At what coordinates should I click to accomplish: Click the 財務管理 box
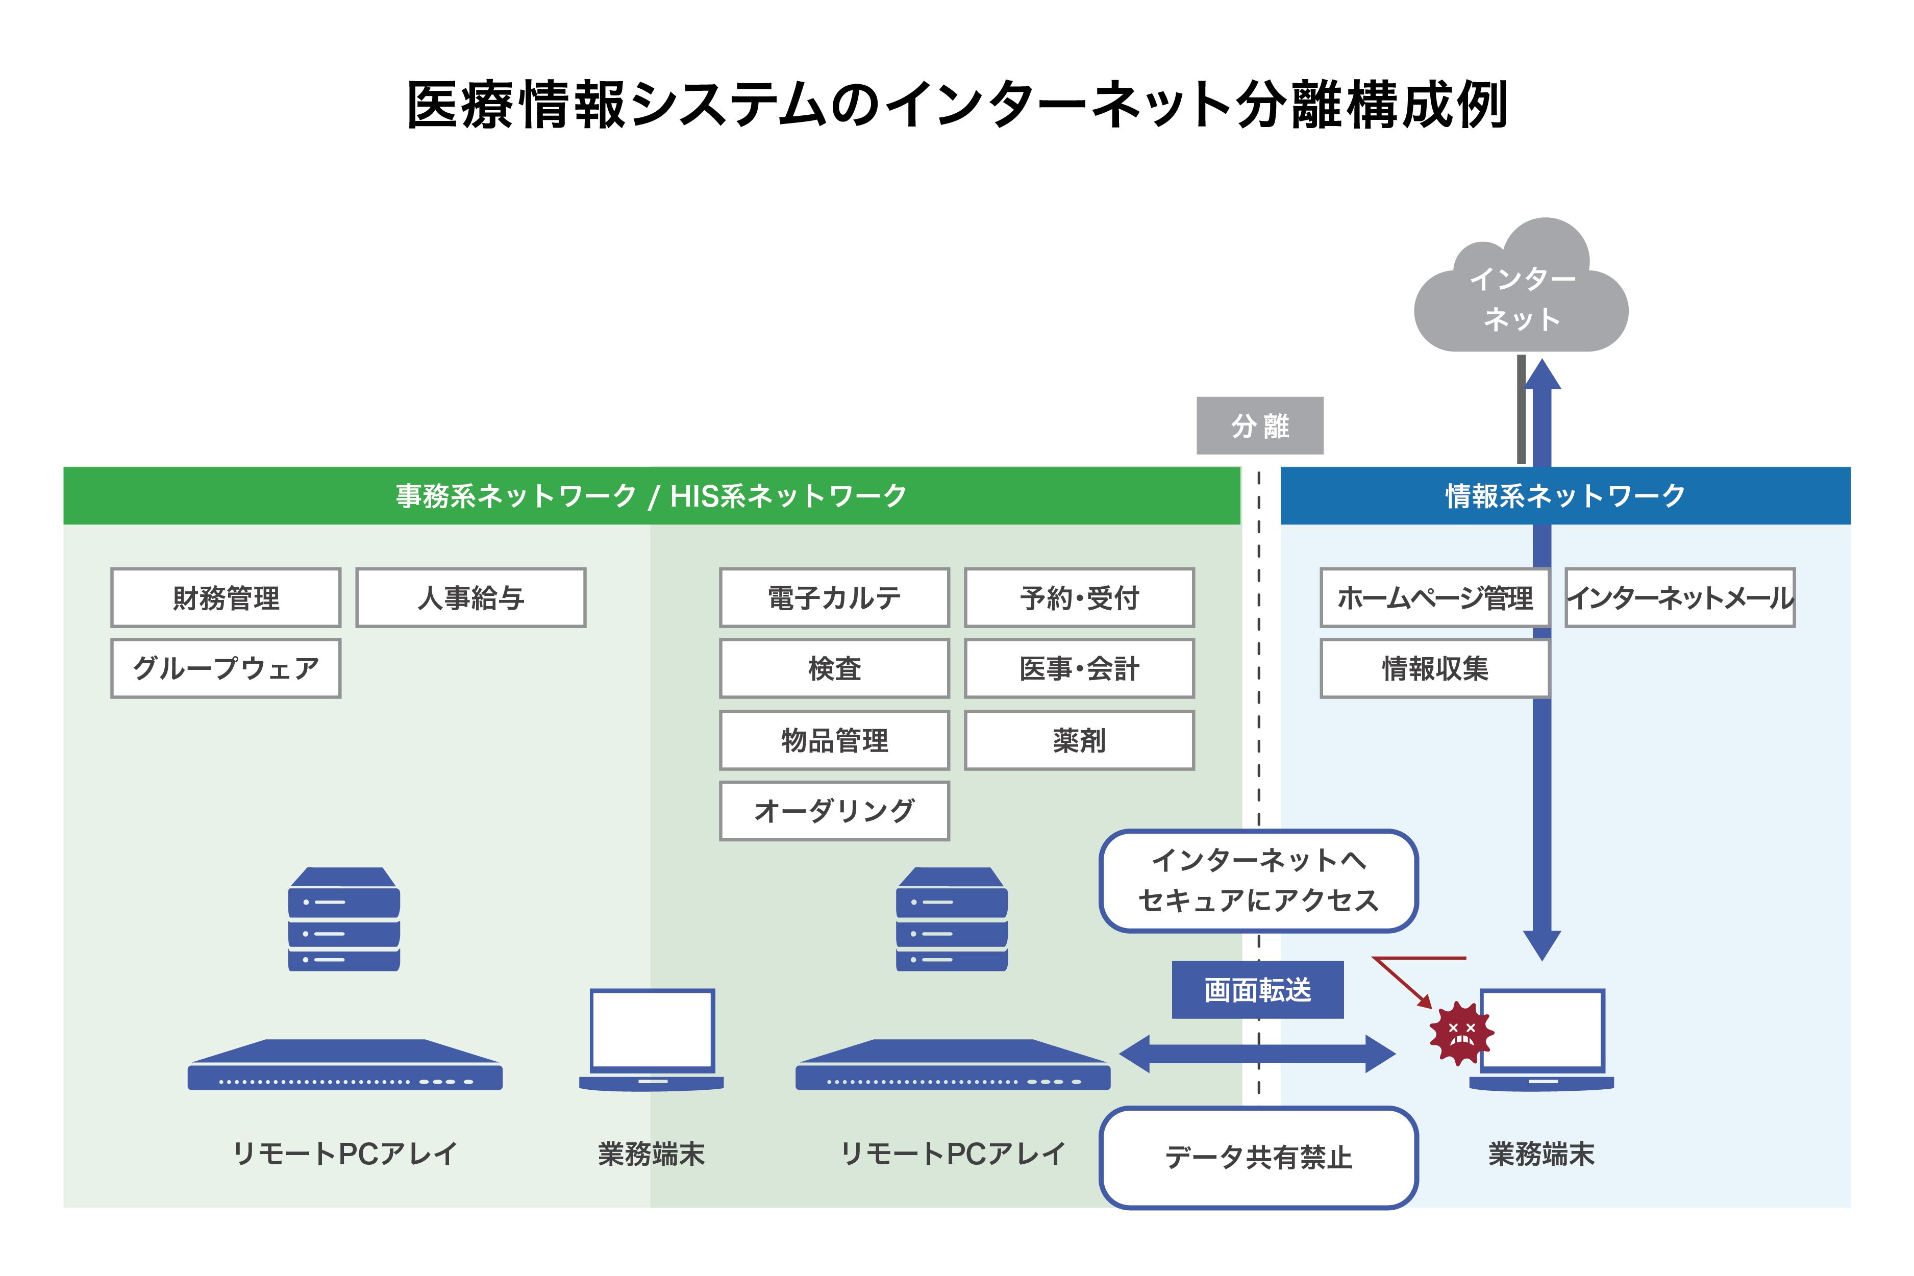[x=226, y=597]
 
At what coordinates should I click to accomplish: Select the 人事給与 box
[x=470, y=597]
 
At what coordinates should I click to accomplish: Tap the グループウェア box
[x=226, y=668]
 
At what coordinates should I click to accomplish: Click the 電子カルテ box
[x=834, y=597]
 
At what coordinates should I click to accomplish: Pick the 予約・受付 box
[x=1079, y=597]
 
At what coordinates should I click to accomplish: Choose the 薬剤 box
[x=1079, y=740]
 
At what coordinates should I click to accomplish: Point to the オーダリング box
[x=834, y=811]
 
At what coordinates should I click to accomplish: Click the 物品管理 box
[x=834, y=740]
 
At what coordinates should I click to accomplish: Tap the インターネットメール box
[x=1680, y=597]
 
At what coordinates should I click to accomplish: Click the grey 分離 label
[x=1260, y=425]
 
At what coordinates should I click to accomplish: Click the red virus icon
[x=1461, y=1034]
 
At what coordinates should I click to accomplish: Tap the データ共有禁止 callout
[x=1258, y=1157]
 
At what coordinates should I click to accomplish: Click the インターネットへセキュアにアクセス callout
[x=1258, y=881]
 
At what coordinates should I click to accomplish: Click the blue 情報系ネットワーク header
[x=1565, y=495]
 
